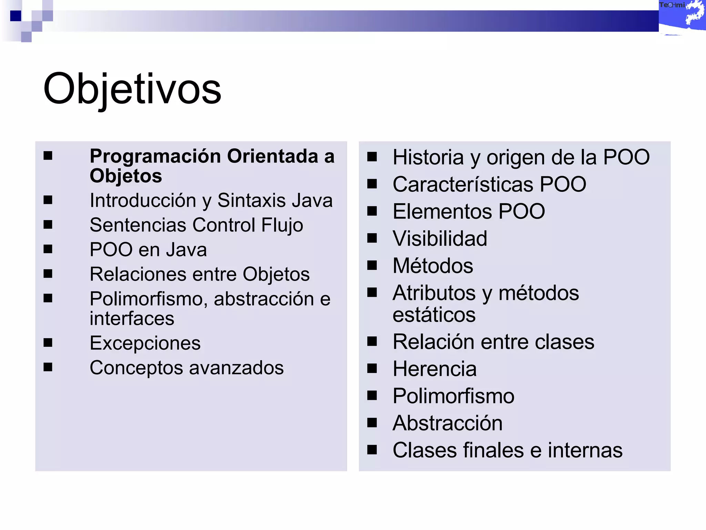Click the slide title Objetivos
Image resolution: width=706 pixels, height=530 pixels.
(132, 89)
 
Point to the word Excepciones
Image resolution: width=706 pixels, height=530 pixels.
(145, 343)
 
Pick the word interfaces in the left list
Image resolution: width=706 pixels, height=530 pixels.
(132, 318)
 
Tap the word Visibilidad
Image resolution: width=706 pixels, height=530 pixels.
(440, 238)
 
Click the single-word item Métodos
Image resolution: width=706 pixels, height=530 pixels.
(433, 266)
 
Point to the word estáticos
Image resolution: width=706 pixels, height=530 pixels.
(434, 315)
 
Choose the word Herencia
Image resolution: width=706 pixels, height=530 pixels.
(435, 369)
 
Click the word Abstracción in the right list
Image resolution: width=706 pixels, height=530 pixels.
(447, 423)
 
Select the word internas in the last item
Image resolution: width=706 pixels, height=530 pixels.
(585, 450)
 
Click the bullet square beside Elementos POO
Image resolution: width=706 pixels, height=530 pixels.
(372, 211)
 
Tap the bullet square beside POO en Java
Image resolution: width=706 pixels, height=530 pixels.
(48, 249)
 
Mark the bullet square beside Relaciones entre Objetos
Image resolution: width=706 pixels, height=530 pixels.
(48, 274)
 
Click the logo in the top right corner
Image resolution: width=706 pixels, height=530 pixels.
(682, 17)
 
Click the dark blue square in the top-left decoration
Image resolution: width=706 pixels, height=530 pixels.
(16, 16)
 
